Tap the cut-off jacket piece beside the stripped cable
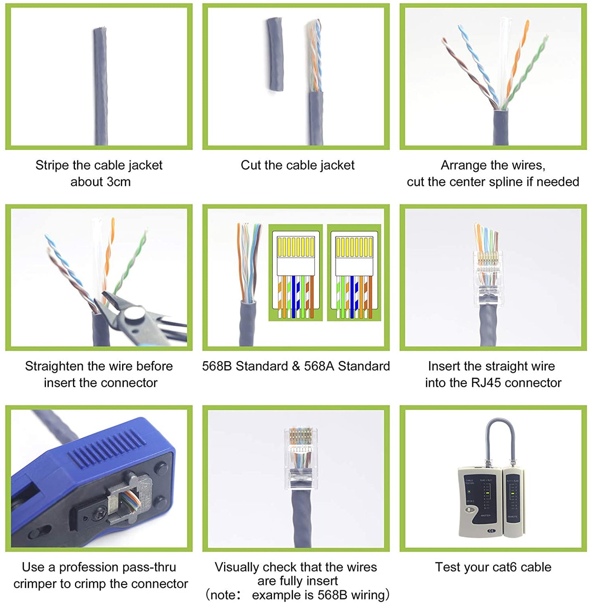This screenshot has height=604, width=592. coord(275,54)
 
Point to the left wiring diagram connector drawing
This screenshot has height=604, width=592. coord(295,272)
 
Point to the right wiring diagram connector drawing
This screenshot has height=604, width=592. coord(354,272)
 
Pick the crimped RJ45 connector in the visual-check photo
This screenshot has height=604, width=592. coord(300,459)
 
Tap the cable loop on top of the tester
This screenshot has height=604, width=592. coord(500,440)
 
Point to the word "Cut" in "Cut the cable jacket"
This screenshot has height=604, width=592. coord(251,165)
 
